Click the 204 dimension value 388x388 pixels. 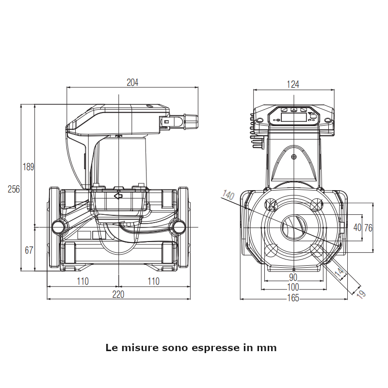pyautogui.click(x=132, y=82)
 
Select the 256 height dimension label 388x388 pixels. pyautogui.click(x=14, y=189)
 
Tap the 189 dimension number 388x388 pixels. pyautogui.click(x=29, y=167)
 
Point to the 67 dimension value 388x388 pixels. pyautogui.click(x=29, y=250)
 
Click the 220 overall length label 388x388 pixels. pyautogui.click(x=119, y=294)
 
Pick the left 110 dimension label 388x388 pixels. pyautogui.click(x=82, y=281)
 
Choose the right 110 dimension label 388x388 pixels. pyautogui.click(x=153, y=281)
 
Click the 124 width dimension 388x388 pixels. pyautogui.click(x=293, y=84)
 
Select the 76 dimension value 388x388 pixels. pyautogui.click(x=369, y=227)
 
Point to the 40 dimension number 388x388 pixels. pyautogui.click(x=357, y=227)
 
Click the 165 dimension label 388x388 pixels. pyautogui.click(x=293, y=298)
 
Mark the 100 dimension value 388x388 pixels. pyautogui.click(x=293, y=288)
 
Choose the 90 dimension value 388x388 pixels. pyautogui.click(x=293, y=277)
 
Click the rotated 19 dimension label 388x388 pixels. pyautogui.click(x=360, y=293)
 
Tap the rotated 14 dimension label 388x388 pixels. pyautogui.click(x=341, y=274)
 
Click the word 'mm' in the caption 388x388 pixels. pyautogui.click(x=267, y=348)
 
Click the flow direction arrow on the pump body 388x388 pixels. pyautogui.click(x=118, y=196)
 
